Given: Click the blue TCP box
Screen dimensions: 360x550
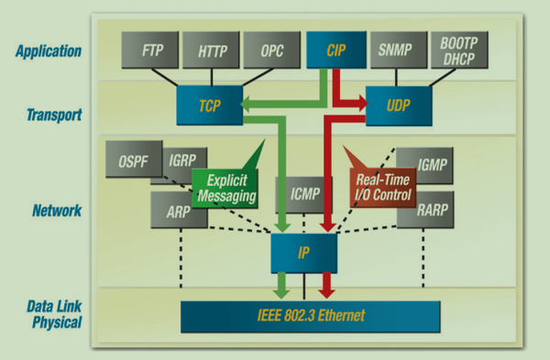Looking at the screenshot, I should pos(208,106).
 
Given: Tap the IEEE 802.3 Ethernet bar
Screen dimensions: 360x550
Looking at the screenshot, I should pos(311,316).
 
